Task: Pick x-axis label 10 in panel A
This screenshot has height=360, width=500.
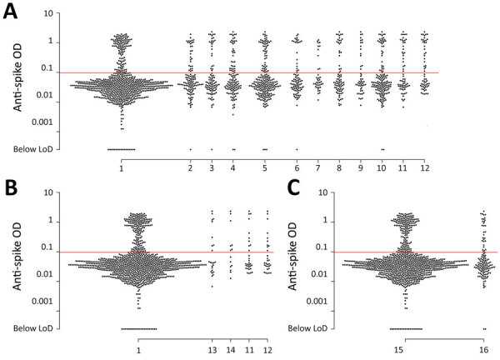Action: point(382,167)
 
